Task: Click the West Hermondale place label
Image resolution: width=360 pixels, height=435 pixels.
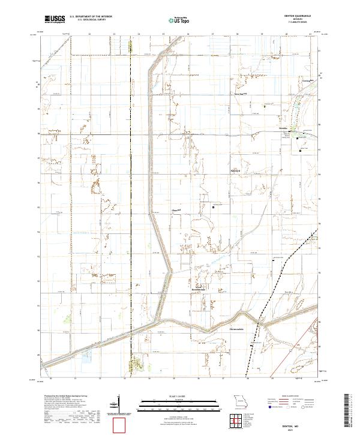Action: pyautogui.click(x=199, y=288)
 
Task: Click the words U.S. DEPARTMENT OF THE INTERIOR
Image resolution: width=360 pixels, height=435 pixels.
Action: pyautogui.click(x=93, y=17)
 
